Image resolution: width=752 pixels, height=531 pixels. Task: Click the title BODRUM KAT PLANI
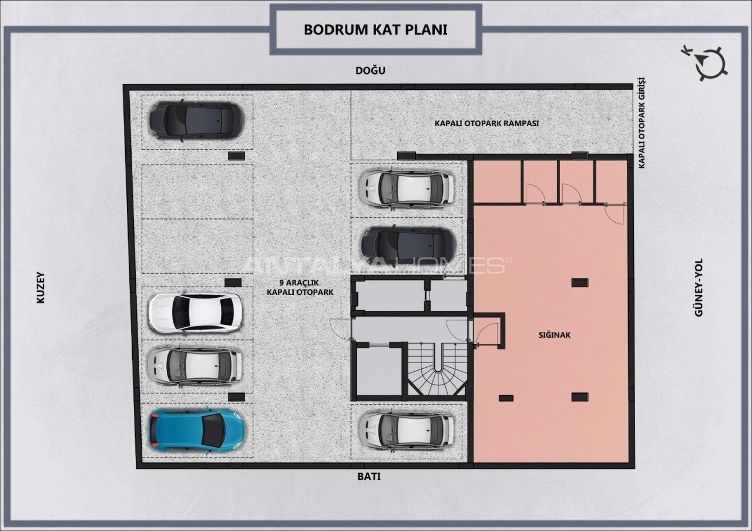pos(375,29)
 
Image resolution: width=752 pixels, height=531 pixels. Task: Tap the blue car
pos(197,431)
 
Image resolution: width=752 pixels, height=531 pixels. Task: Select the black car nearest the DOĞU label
pos(196,121)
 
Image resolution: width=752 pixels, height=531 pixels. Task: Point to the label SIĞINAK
pos(554,335)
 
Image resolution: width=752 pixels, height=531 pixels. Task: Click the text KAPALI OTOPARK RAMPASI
pos(487,123)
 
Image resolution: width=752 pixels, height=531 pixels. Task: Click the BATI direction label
pos(368,476)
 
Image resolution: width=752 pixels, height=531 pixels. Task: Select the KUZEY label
pos(41,288)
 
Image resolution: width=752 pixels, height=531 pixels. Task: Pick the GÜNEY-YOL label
pos(699,287)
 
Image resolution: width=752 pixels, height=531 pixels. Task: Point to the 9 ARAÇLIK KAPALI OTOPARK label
pos(300,288)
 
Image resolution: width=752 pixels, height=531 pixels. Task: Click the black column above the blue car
pos(236,396)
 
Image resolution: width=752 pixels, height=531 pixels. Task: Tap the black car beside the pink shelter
pos(408,244)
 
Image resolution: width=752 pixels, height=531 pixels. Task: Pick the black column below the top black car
pos(236,156)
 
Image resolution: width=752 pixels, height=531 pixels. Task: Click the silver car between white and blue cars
pos(194,365)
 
